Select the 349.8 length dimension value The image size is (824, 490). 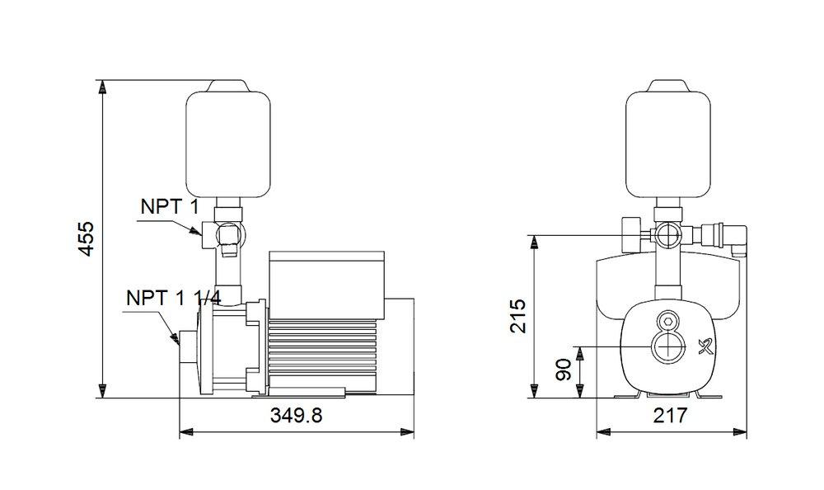pos(296,417)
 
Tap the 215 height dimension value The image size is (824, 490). pos(517,316)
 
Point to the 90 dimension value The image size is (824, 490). pos(564,370)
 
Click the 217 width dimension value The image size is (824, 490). pos(671,417)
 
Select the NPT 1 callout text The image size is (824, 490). pos(168,206)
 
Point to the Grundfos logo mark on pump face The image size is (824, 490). pos(702,346)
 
